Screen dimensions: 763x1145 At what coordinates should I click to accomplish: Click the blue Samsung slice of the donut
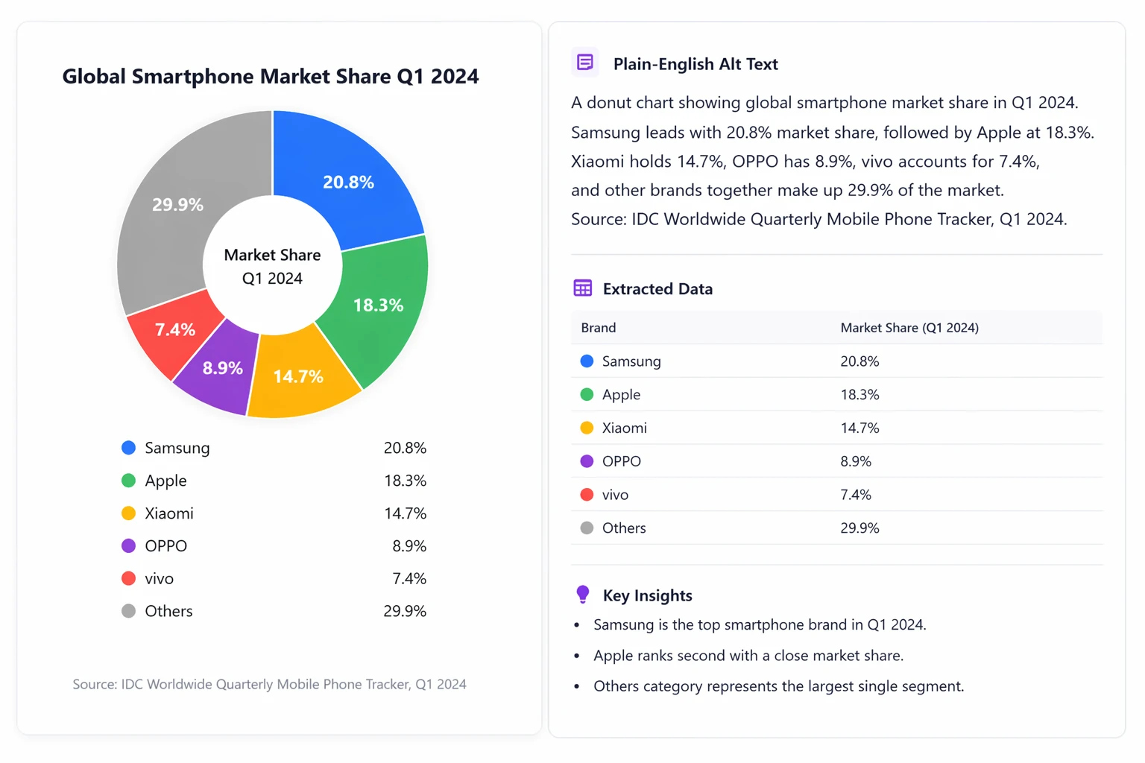(348, 181)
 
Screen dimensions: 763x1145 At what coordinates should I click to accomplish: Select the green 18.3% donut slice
(379, 304)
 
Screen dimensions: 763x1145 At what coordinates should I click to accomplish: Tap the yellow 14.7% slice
(298, 376)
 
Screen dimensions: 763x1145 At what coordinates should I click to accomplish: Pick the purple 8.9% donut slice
(222, 367)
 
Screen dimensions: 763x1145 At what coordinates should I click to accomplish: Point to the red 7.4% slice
(175, 329)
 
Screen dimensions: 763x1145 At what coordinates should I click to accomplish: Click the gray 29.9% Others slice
(177, 204)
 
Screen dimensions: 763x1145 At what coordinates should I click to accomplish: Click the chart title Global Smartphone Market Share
(270, 76)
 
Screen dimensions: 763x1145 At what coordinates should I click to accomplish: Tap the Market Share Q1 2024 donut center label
(272, 266)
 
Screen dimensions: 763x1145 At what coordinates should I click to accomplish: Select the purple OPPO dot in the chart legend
(128, 545)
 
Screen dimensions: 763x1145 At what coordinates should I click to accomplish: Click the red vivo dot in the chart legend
(128, 578)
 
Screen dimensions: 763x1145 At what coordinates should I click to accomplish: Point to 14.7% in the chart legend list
(405, 513)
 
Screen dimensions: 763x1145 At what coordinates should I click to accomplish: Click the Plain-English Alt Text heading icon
(584, 63)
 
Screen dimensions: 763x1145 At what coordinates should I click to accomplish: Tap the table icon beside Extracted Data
(582, 288)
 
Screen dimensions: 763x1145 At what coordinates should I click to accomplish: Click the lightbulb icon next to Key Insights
(582, 594)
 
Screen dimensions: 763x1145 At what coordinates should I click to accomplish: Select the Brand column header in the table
(598, 327)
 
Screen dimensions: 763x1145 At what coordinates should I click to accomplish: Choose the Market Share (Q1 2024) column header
(909, 327)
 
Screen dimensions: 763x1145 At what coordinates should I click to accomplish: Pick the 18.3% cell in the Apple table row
(859, 394)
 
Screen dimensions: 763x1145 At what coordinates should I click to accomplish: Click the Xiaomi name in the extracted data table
(624, 428)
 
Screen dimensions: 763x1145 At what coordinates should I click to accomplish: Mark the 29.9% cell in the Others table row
(859, 528)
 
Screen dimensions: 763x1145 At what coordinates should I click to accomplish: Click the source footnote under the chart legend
(269, 684)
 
